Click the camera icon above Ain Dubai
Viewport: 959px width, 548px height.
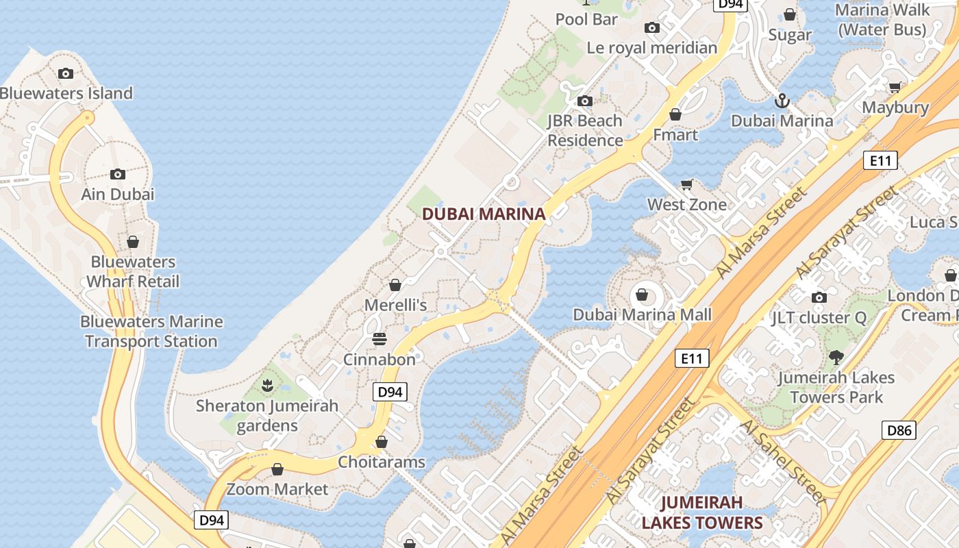[x=118, y=174]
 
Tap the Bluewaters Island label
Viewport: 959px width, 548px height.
[x=66, y=93]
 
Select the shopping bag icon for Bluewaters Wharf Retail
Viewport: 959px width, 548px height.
[x=133, y=242]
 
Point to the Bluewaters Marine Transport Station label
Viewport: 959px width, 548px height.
[x=151, y=331]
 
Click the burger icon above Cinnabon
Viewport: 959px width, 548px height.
[x=379, y=339]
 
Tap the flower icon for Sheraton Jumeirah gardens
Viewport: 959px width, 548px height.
[x=268, y=385]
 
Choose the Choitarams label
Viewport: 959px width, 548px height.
[x=382, y=462]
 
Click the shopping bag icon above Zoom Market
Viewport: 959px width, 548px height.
[x=277, y=469]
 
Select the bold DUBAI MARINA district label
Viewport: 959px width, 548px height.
[x=484, y=214]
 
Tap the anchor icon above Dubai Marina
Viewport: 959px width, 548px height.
[x=782, y=101]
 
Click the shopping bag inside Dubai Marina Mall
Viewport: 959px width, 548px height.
[x=642, y=295]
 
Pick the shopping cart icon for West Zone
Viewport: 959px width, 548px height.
[x=687, y=184]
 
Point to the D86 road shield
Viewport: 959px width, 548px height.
[x=899, y=430]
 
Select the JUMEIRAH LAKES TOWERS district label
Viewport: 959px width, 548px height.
[x=701, y=512]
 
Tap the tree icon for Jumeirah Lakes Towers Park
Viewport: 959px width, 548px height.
[x=836, y=357]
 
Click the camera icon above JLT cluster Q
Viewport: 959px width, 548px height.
[x=819, y=297]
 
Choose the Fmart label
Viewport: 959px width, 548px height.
[x=675, y=134]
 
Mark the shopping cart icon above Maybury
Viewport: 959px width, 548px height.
[x=895, y=87]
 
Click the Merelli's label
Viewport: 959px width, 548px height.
[x=396, y=305]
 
